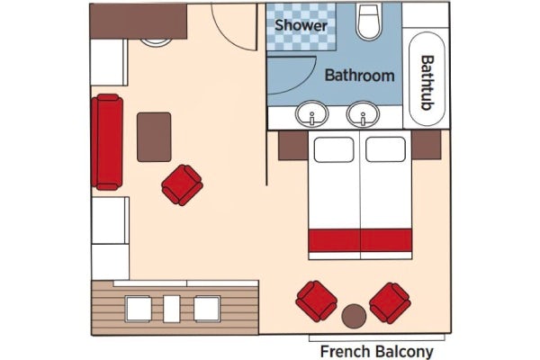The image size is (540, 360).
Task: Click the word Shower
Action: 301,25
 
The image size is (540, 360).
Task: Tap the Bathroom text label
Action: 359,76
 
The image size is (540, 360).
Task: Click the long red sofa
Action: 106,143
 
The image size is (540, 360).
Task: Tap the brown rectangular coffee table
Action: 154,137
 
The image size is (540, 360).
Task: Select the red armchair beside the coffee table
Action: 183,184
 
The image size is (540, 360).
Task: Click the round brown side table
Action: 354,317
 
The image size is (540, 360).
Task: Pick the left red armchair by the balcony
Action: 317,301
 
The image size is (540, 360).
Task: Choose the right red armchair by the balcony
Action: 391,301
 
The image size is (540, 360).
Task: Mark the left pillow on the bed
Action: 334,148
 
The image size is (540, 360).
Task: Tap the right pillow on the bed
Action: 385,148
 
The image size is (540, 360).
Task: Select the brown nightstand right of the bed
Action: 427,144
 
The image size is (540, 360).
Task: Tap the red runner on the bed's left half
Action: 334,240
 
